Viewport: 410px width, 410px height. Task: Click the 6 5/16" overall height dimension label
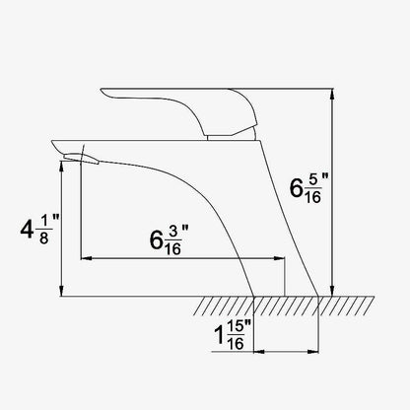(308, 187)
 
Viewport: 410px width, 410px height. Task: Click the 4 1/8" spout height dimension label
(39, 229)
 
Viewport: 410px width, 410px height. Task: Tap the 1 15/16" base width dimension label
(233, 335)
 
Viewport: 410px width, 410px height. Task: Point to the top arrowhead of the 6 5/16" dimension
(332, 94)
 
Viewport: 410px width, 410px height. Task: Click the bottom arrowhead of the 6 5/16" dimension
(332, 291)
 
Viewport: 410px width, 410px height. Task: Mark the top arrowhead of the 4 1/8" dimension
(61, 167)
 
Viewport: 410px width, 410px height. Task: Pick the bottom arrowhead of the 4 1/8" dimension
(61, 291)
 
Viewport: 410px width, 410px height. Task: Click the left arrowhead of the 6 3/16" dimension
(86, 259)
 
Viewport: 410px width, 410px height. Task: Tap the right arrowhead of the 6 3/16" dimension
(279, 259)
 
